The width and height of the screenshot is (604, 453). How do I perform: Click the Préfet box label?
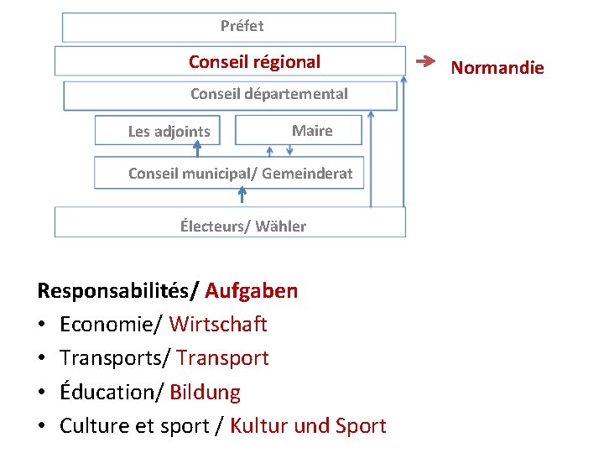(242, 26)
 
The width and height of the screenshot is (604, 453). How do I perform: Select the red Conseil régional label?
(254, 62)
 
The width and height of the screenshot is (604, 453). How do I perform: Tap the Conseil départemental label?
(268, 94)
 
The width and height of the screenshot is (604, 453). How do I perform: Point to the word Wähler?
(280, 226)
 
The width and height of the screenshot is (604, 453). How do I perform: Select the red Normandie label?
(497, 68)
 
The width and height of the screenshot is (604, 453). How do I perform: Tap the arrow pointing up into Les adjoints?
(197, 148)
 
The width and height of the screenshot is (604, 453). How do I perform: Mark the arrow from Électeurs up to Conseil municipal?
(242, 196)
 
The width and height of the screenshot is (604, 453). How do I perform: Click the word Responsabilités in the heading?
(113, 291)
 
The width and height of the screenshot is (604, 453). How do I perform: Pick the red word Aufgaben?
(251, 291)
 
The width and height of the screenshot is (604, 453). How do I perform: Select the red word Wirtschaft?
(218, 324)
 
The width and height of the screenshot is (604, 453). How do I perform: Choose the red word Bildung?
(205, 393)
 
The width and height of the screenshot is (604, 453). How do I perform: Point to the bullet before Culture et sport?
(42, 426)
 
